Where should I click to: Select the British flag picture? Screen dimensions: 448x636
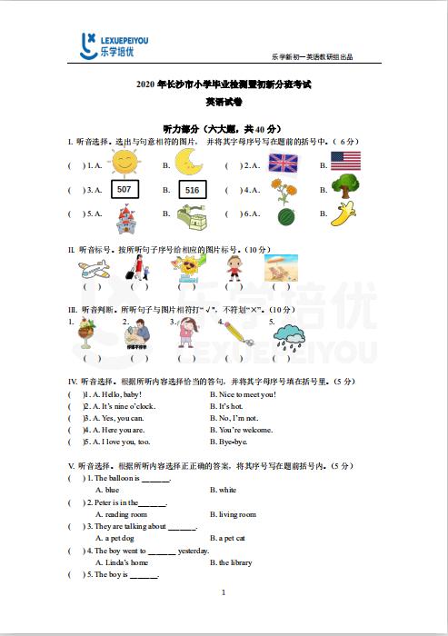click(284, 163)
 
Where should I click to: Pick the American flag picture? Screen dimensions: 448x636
click(345, 162)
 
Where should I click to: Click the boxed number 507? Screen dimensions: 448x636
click(124, 189)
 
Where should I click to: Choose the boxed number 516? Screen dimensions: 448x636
click(192, 190)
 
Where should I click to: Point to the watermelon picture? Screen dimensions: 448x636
click(285, 216)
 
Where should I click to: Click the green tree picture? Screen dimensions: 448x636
click(345, 186)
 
